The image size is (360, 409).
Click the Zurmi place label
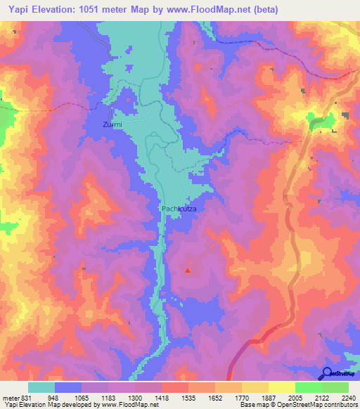click(x=112, y=124)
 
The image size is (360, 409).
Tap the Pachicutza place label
click(x=184, y=209)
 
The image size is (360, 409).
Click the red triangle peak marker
click(x=188, y=269)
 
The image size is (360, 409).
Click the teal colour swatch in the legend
click(x=41, y=387)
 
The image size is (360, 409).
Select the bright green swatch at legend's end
click(x=335, y=387)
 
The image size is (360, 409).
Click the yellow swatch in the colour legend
click(x=281, y=387)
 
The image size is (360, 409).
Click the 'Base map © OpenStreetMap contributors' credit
click(x=296, y=405)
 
